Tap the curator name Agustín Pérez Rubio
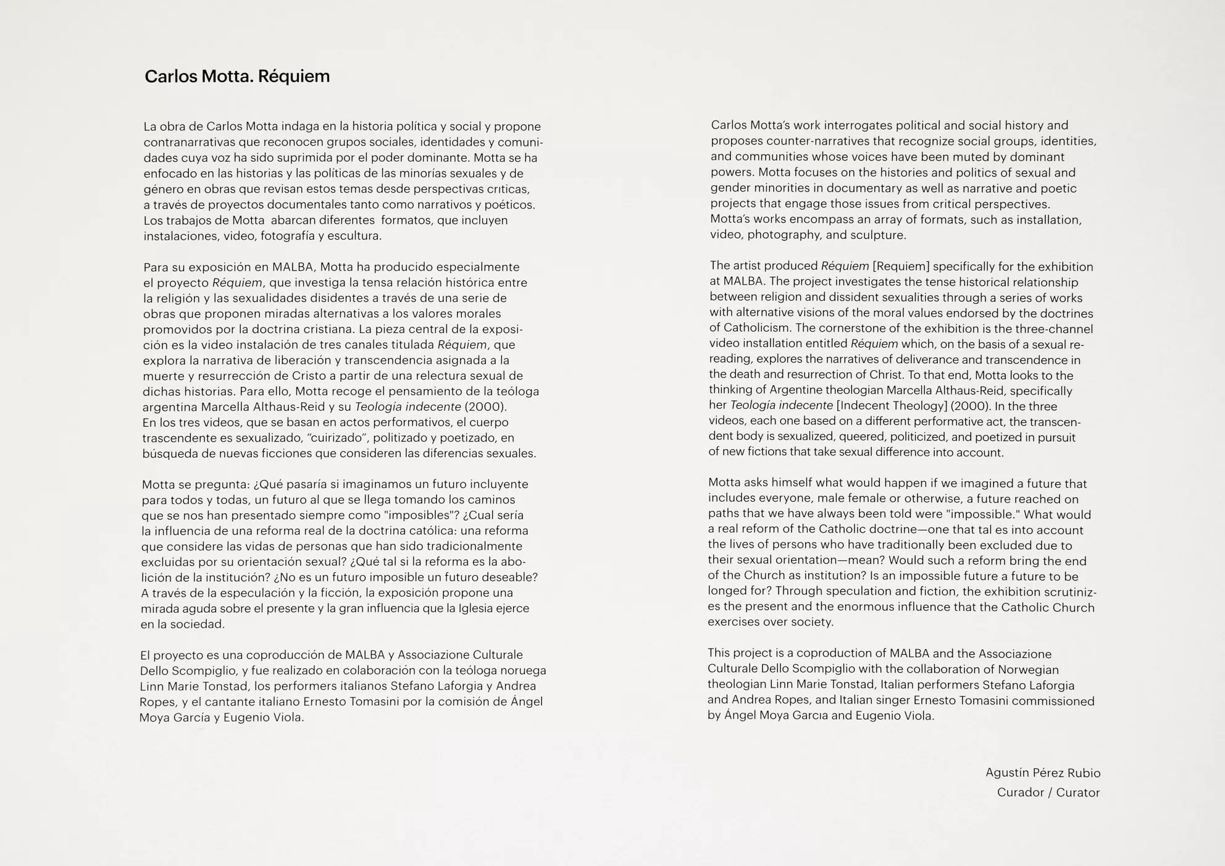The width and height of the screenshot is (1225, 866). [1042, 773]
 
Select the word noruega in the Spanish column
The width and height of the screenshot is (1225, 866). [522, 670]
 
